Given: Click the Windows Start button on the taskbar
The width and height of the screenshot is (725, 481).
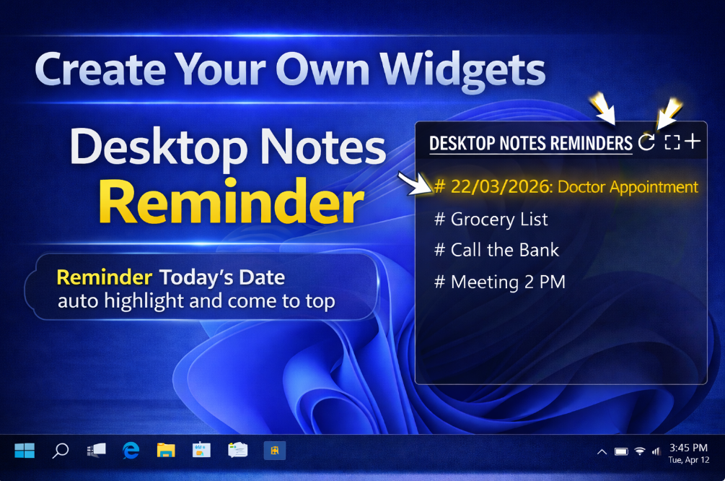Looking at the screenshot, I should [25, 451].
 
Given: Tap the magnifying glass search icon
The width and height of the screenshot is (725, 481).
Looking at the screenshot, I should [61, 451].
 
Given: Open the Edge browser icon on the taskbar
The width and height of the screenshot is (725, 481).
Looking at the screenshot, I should [131, 451].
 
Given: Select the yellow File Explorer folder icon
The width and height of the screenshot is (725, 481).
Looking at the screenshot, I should [166, 451].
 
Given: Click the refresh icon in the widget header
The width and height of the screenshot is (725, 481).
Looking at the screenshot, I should [647, 142].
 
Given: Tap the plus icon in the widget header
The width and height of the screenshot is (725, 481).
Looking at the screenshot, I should [693, 142].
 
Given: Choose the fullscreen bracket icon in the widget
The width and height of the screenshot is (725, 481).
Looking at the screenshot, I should [672, 142].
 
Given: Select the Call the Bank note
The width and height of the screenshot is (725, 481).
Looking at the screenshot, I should [496, 251].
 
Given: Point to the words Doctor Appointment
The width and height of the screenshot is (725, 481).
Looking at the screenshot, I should [628, 187].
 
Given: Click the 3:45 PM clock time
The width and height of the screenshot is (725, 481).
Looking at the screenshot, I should [688, 447].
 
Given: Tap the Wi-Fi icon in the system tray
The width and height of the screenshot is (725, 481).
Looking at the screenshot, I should [640, 451].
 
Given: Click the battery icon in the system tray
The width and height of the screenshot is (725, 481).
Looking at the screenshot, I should [621, 451].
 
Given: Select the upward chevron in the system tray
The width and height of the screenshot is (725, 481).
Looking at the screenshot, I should [602, 451].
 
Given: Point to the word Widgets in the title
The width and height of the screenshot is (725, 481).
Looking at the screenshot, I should [463, 70].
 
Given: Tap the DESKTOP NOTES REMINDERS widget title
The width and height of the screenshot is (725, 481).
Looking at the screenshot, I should [530, 143].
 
